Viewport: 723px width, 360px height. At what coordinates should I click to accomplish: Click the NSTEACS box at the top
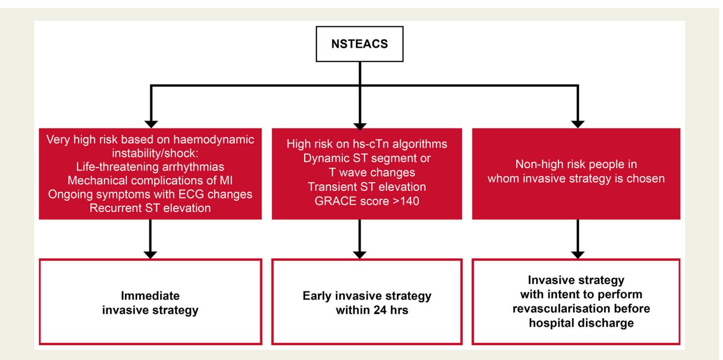[x=359, y=44]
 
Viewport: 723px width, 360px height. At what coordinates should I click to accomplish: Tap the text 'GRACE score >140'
[x=367, y=201]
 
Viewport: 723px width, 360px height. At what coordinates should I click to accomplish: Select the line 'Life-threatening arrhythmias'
[x=150, y=167]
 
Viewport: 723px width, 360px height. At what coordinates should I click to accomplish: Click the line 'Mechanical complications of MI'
[x=150, y=181]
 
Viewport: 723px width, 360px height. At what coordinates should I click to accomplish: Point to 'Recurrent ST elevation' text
[x=150, y=208]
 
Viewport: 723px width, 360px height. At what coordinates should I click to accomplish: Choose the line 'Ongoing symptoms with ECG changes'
[x=150, y=194]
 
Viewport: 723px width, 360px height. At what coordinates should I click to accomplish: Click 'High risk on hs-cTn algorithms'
[x=367, y=144]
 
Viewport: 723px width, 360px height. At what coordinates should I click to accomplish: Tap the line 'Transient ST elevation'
[x=367, y=187]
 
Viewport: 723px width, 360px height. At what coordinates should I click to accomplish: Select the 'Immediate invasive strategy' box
[x=150, y=302]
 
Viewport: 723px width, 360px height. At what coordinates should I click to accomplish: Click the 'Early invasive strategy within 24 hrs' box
[x=367, y=302]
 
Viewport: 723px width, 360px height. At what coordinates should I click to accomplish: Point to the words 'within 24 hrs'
[x=372, y=310]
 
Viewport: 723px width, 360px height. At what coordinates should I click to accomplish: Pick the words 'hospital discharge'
[x=581, y=323]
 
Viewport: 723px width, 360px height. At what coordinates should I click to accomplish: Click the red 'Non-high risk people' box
[x=576, y=174]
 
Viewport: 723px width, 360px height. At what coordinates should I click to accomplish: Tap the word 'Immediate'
[x=150, y=296]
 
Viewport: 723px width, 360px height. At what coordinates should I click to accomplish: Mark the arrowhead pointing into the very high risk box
[x=151, y=124]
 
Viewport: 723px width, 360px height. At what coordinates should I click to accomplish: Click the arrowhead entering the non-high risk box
[x=578, y=124]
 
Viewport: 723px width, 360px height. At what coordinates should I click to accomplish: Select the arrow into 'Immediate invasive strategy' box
[x=150, y=239]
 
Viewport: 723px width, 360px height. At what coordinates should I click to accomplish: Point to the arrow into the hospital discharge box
[x=578, y=239]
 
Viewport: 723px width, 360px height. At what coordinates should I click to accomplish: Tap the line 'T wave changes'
[x=372, y=172]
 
